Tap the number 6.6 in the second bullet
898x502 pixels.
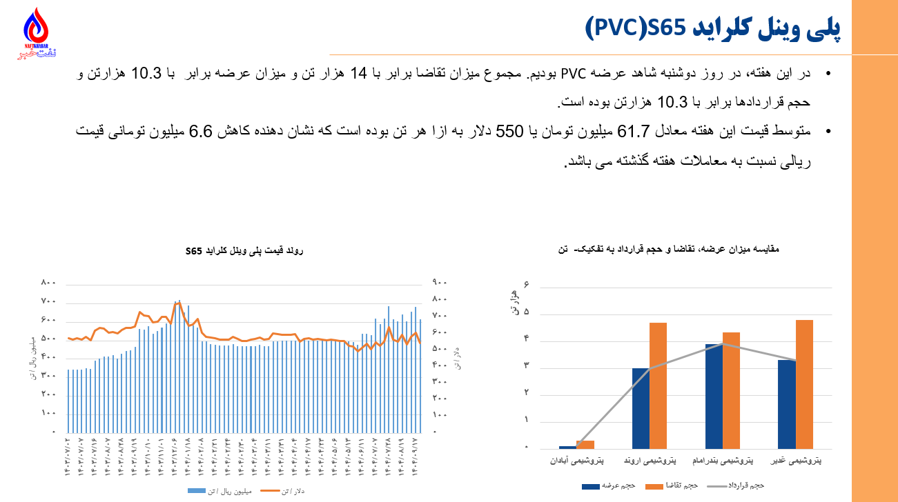697,131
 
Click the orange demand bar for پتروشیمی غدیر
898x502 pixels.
804,383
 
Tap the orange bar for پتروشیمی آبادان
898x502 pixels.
585,444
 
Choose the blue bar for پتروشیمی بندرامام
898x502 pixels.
713,396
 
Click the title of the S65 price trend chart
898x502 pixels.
244,250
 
